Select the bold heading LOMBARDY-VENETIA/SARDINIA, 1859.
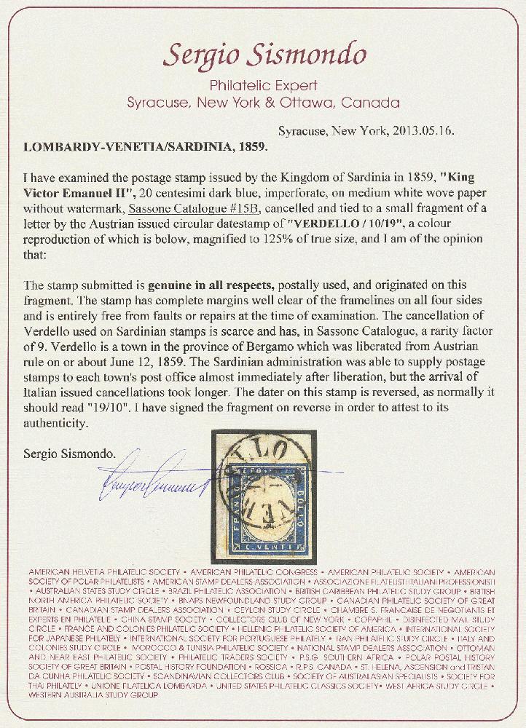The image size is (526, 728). (146, 145)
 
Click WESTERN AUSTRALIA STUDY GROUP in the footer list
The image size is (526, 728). (91, 695)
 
